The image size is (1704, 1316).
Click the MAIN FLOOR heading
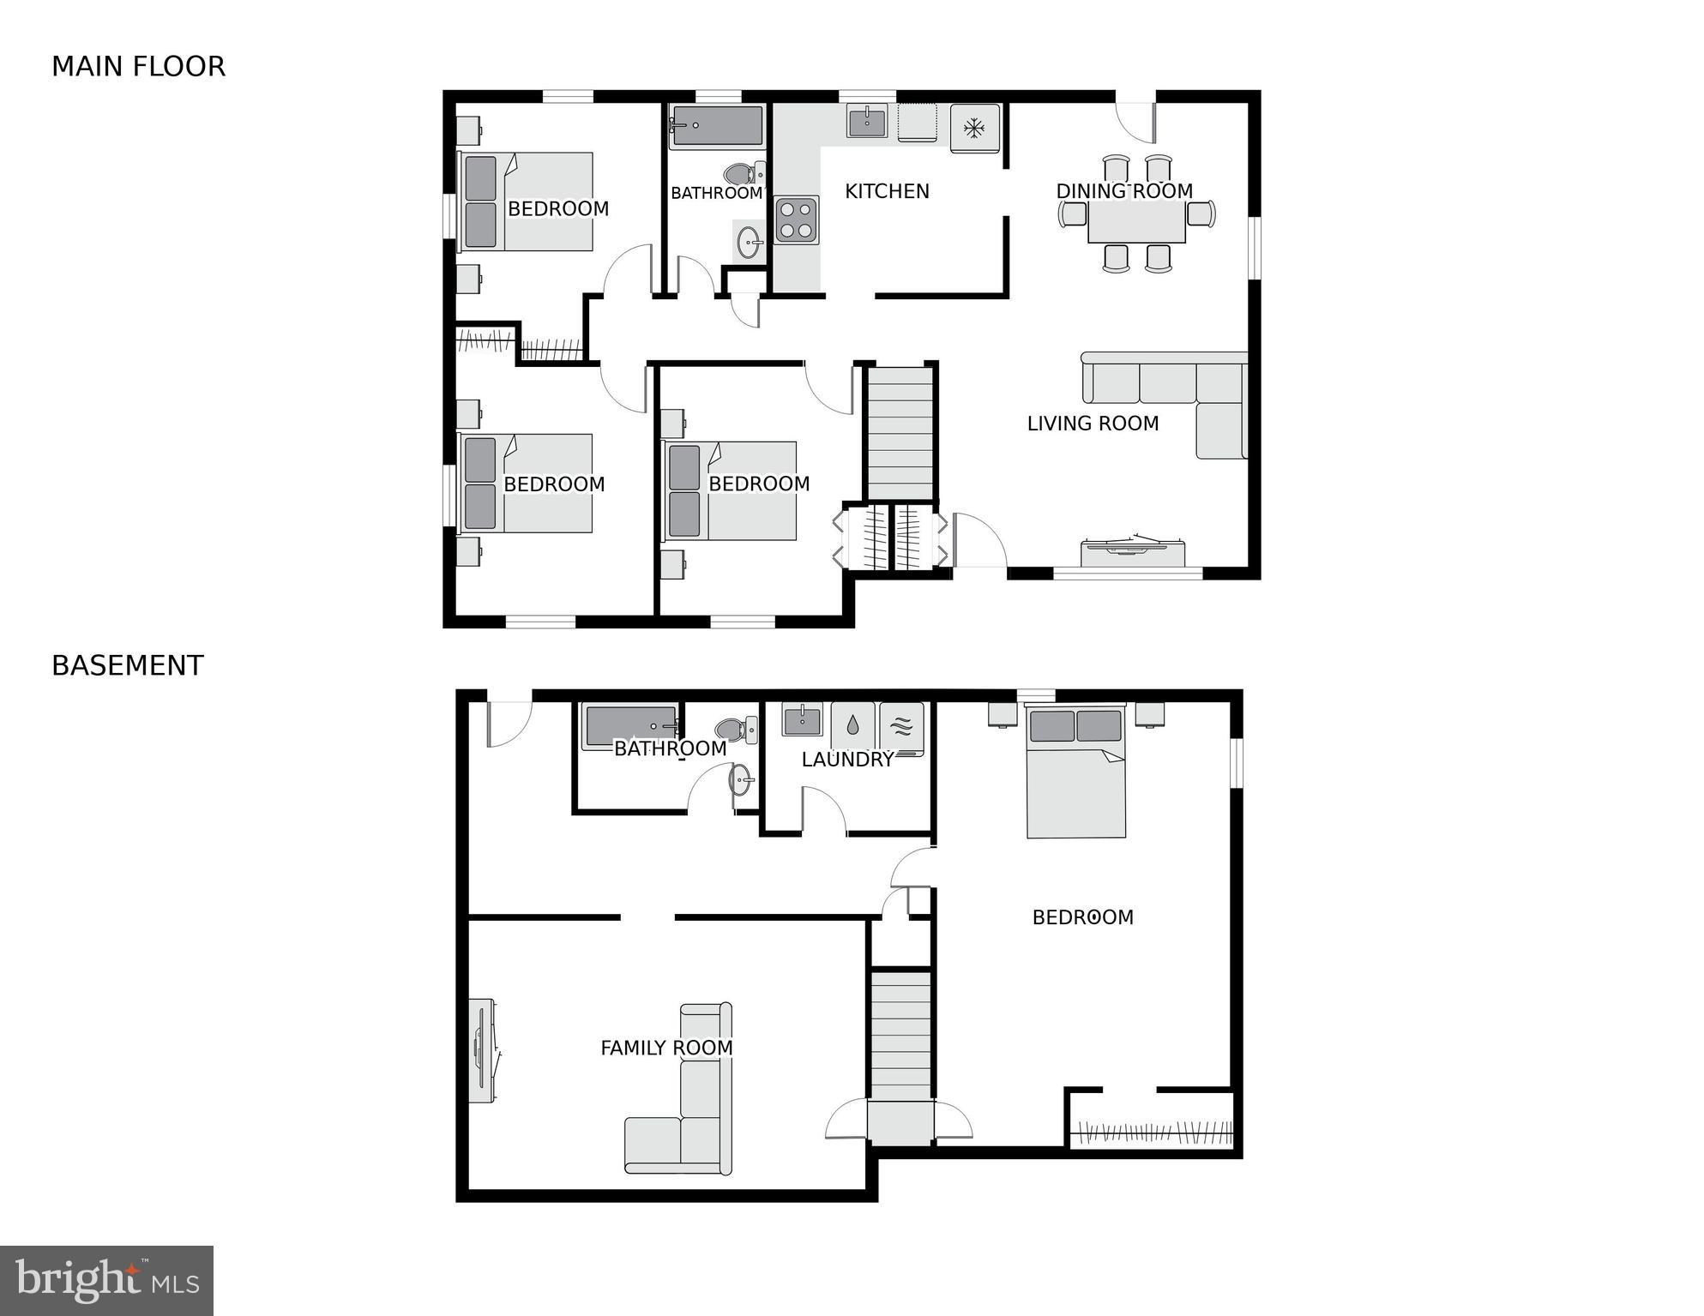coord(138,67)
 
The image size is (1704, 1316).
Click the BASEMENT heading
coord(128,666)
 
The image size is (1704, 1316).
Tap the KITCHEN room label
coord(887,191)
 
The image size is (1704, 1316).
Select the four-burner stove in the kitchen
coord(796,220)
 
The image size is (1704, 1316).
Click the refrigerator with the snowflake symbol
coord(974,129)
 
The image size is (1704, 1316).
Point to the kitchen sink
coord(867,121)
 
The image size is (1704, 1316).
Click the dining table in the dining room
coord(1136,222)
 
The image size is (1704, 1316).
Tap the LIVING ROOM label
coord(1093,424)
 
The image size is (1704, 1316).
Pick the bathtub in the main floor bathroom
coord(717,126)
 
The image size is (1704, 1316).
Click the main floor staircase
coord(900,433)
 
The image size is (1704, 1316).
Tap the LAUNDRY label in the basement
coord(846,760)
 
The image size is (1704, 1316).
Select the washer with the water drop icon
coord(852,726)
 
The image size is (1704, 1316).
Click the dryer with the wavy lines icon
coord(901,727)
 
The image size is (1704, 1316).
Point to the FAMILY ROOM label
coord(666,1048)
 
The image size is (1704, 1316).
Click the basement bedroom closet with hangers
coord(1153,1132)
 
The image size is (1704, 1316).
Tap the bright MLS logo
coord(106,1280)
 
